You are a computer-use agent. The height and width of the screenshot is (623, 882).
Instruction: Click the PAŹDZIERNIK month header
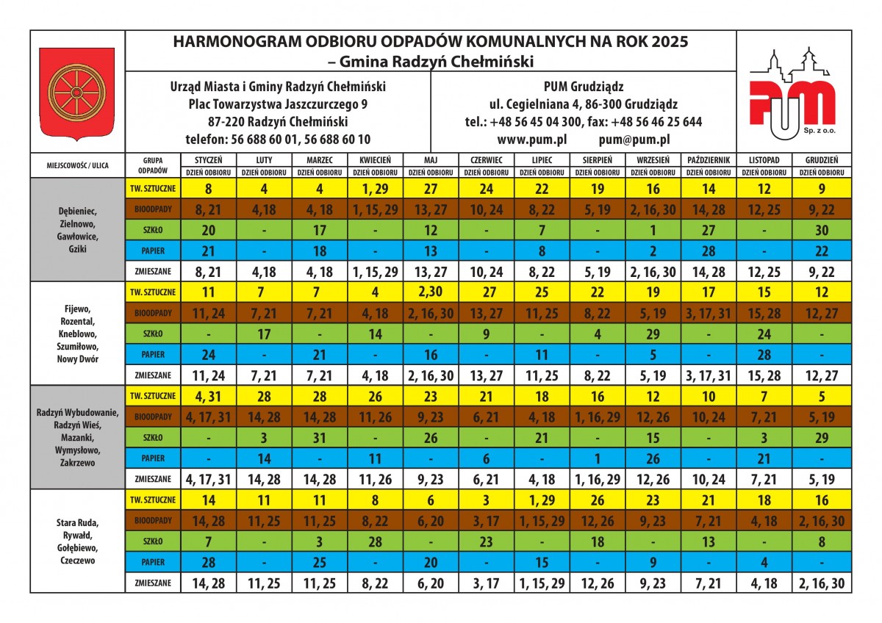point(709,159)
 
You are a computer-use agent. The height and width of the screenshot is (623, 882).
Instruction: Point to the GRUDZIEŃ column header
point(821,159)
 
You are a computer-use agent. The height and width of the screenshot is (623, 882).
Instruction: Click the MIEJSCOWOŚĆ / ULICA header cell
point(77,165)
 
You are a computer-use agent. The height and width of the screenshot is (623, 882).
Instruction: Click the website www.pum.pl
point(526,138)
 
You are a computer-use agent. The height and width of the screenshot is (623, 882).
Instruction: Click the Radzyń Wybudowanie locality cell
point(77,437)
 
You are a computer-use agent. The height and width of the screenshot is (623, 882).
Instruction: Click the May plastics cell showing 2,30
point(431,292)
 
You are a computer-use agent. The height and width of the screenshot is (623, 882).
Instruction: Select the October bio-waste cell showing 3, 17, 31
point(709,313)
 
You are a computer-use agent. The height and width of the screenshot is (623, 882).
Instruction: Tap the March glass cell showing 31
point(320,438)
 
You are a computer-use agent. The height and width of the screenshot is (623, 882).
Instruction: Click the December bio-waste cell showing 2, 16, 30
point(821,522)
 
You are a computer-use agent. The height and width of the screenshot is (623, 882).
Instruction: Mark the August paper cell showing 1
point(598,458)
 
